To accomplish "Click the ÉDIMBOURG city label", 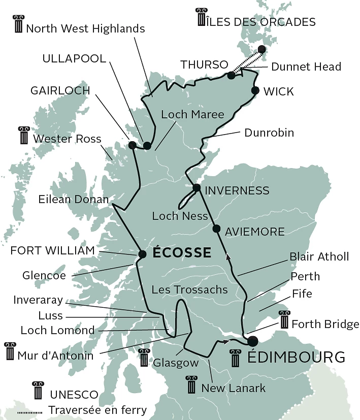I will [x=296, y=357].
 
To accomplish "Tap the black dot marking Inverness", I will [x=197, y=188].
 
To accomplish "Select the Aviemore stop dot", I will [x=217, y=229].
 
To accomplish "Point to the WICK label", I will [x=279, y=91].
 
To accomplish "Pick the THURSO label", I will [x=204, y=65].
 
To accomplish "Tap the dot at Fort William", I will [x=142, y=254].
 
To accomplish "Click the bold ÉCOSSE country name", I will [x=181, y=252].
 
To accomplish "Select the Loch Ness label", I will [x=180, y=216].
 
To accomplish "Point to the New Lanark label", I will [x=234, y=389].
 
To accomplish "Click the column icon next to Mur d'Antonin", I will [x=9, y=351].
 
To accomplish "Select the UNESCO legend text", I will [x=74, y=394].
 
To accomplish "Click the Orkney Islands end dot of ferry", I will [x=262, y=49].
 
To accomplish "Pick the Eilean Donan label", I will [x=74, y=199].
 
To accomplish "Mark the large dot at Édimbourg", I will [x=252, y=341].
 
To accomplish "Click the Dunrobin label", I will [x=269, y=133].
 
